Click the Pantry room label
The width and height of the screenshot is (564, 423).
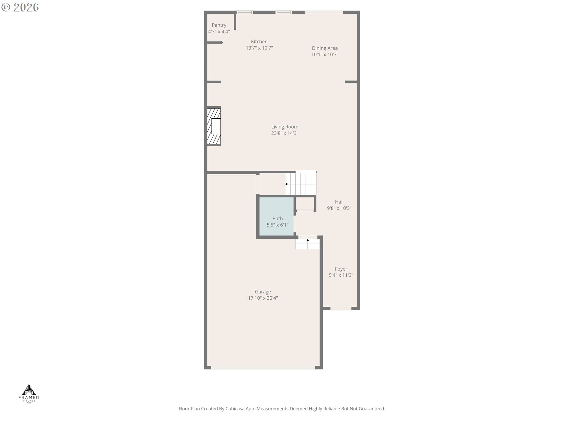pyautogui.click(x=219, y=25)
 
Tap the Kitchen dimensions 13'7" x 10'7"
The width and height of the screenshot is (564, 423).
pyautogui.click(x=259, y=48)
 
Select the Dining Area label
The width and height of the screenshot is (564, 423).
pyautogui.click(x=325, y=48)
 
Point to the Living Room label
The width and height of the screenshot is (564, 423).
pyautogui.click(x=284, y=127)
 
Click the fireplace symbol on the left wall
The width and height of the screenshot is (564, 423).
pyautogui.click(x=214, y=126)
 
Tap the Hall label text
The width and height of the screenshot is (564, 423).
pyautogui.click(x=339, y=202)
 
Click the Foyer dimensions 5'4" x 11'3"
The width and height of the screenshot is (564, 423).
pyautogui.click(x=341, y=275)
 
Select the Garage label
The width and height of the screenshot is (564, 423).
pyautogui.click(x=263, y=292)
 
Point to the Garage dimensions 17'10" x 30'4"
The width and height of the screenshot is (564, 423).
pyautogui.click(x=263, y=298)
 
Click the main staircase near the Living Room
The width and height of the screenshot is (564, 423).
pyautogui.click(x=301, y=184)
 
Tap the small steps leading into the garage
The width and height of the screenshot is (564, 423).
pyautogui.click(x=308, y=244)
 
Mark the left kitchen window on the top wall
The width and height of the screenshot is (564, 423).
pyautogui.click(x=245, y=12)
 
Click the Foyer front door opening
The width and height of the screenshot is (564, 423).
pyautogui.click(x=341, y=308)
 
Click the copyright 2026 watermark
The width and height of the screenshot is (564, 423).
pyautogui.click(x=20, y=7)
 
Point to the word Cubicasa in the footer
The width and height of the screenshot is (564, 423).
pyautogui.click(x=235, y=409)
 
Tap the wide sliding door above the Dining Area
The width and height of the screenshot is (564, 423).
pyautogui.click(x=324, y=12)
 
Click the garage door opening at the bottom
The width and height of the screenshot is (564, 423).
pyautogui.click(x=263, y=367)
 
